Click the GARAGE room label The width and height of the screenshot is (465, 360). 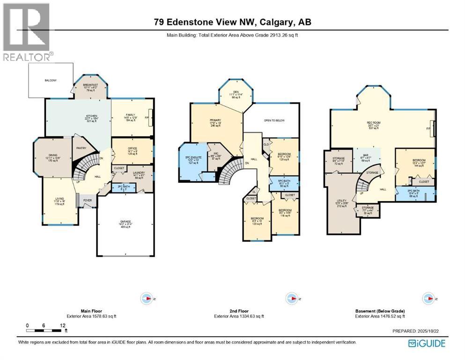[x=125, y=224]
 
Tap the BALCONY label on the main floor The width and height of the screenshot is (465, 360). [x=51, y=81]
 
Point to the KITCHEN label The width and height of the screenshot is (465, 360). [x=91, y=116]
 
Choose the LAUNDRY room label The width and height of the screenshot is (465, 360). [x=139, y=173]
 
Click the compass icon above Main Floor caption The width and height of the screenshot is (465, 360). [x=147, y=298]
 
